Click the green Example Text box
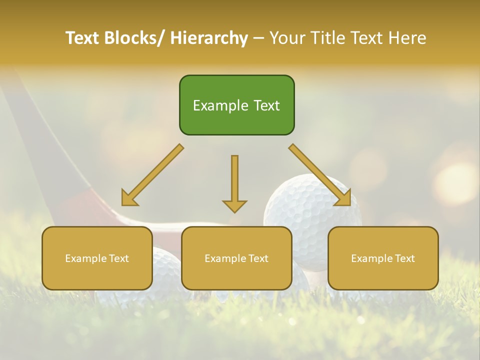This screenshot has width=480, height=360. pyautogui.click(x=236, y=105)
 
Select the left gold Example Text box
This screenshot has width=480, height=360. pyautogui.click(x=97, y=258)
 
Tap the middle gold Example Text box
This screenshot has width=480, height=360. pyautogui.click(x=236, y=258)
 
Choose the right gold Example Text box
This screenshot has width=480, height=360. pyautogui.click(x=383, y=258)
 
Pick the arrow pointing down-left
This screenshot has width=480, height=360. pyautogui.click(x=152, y=175)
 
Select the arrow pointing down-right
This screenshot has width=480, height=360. pyautogui.click(x=320, y=175)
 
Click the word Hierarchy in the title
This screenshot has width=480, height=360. pyautogui.click(x=209, y=38)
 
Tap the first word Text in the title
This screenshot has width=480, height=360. pyautogui.click(x=83, y=38)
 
